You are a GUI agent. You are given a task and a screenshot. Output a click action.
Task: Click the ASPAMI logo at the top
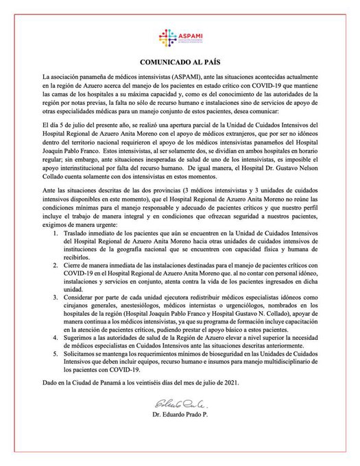point(180,38)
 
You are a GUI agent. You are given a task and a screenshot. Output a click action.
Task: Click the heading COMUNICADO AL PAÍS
point(180,61)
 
